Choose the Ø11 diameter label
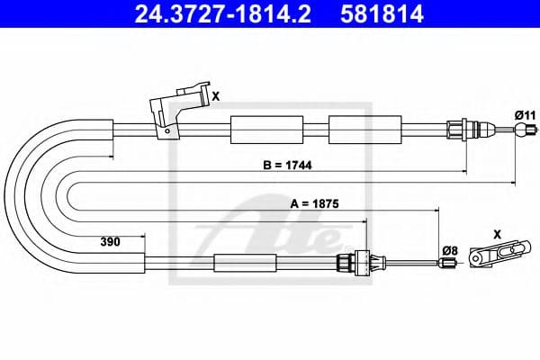click(525, 114)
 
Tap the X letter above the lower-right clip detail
click(498, 232)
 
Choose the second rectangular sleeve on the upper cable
click(356, 130)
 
